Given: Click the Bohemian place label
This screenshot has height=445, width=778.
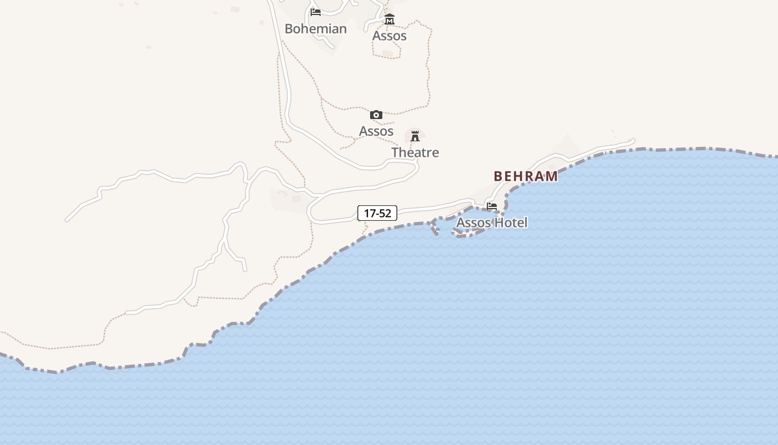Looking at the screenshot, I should click(x=316, y=29).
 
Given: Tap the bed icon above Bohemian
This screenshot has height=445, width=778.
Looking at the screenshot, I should click(x=316, y=12).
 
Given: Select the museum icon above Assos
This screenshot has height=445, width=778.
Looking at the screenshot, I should click(x=390, y=19).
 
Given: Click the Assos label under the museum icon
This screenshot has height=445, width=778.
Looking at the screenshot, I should click(x=390, y=36).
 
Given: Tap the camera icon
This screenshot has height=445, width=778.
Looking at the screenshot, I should click(x=376, y=115).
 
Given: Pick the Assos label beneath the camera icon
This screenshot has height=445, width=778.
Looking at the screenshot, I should click(x=376, y=131).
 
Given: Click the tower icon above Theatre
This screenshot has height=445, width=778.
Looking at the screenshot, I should click(x=415, y=136).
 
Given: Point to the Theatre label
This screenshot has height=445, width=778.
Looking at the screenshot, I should click(x=415, y=152).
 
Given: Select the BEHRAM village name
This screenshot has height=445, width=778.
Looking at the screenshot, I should click(x=526, y=176).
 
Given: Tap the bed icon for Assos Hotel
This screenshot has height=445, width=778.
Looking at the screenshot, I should click(x=492, y=206).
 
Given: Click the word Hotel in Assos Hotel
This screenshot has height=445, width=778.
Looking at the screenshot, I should click(x=511, y=222).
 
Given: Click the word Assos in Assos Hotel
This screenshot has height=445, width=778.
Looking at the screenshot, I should click(x=473, y=222).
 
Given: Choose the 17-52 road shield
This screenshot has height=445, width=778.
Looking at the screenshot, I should click(x=377, y=213).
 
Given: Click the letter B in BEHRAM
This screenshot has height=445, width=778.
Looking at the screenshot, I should click(x=498, y=176).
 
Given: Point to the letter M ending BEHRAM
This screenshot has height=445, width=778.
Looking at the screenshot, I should click(x=552, y=176).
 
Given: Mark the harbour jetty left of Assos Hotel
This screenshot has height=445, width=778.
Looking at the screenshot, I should click(x=434, y=227).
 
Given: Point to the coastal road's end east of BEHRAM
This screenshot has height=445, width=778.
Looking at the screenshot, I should click(x=633, y=141).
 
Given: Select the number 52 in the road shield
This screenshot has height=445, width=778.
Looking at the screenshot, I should click(x=385, y=213).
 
